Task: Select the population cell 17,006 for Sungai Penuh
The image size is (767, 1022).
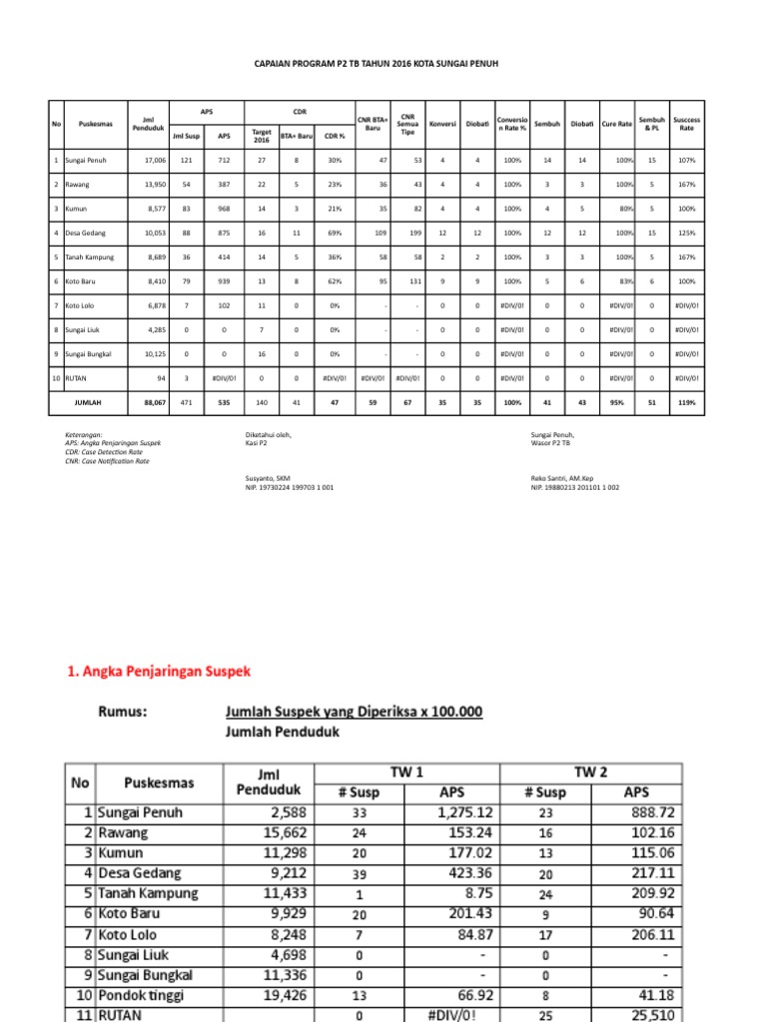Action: [x=153, y=160]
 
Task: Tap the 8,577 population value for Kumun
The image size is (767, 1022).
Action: [x=153, y=209]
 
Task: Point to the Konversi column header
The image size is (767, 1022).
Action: [x=442, y=124]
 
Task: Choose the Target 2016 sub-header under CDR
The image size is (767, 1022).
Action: [x=262, y=136]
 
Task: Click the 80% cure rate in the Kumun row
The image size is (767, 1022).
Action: [x=624, y=209]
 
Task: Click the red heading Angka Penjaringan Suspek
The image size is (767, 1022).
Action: [x=159, y=672]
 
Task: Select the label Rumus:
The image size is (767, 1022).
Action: [x=124, y=712]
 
